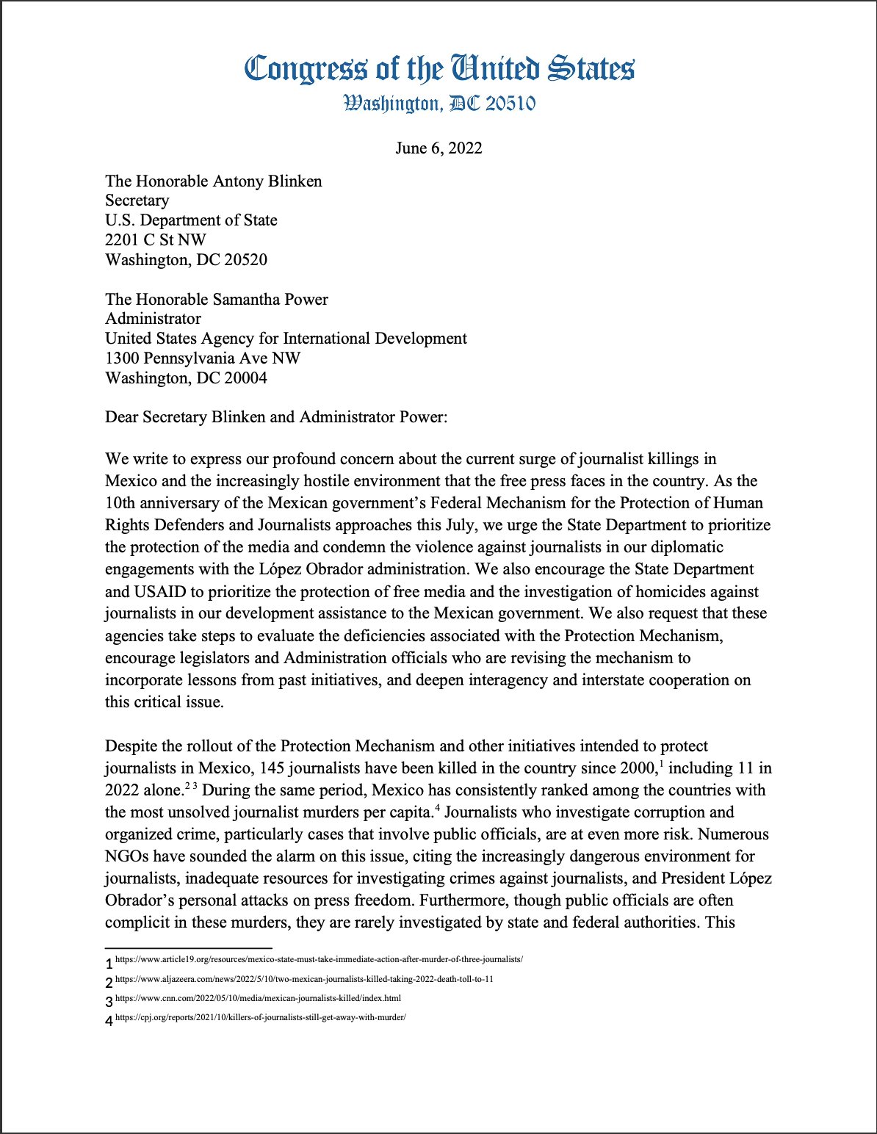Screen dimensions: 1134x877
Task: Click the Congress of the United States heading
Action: click(438, 69)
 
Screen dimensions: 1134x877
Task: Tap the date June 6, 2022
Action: click(438, 148)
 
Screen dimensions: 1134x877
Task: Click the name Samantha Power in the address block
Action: click(270, 300)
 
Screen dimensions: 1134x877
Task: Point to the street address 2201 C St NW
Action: click(156, 240)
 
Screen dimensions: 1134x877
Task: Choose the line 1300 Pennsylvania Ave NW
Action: click(203, 358)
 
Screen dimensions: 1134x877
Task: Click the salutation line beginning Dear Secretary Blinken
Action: click(276, 417)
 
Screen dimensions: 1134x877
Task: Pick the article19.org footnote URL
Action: click(319, 960)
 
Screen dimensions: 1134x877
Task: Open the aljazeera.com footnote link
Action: click(304, 980)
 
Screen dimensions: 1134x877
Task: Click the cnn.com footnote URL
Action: click(258, 999)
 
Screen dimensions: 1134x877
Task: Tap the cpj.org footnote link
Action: click(261, 1018)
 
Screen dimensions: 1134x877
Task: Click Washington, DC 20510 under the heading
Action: click(438, 104)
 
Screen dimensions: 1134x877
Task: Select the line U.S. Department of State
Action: click(191, 220)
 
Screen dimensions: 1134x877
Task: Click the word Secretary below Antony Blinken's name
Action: click(137, 201)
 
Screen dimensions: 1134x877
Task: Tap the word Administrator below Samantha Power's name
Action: click(153, 319)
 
